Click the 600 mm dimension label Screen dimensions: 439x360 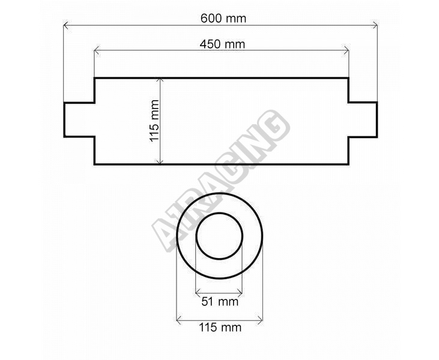(x=223, y=19)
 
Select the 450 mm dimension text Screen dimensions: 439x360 (x=222, y=44)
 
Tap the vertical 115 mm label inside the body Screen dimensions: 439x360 (x=154, y=121)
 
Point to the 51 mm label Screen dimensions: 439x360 (x=220, y=302)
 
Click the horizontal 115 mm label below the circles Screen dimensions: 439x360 (x=220, y=327)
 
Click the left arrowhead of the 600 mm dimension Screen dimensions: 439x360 (x=66, y=26)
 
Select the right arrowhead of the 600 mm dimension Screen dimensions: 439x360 (x=375, y=26)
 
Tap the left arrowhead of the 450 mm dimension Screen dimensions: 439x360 (x=97, y=50)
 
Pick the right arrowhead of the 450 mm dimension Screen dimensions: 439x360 (x=346, y=50)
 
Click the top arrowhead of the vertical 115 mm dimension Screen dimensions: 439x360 (x=160, y=81)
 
